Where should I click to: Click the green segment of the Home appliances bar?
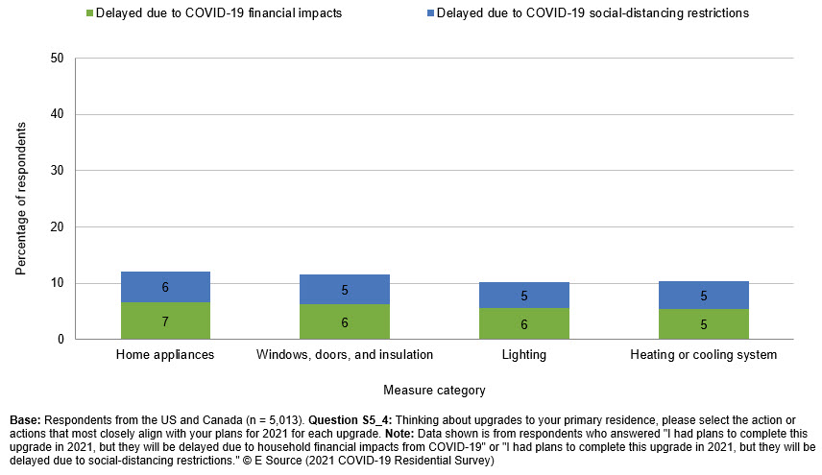pyautogui.click(x=165, y=321)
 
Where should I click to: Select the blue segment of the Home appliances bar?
pyautogui.click(x=165, y=287)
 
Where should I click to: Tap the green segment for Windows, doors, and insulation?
pyautogui.click(x=345, y=321)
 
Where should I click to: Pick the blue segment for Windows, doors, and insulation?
pyautogui.click(x=345, y=289)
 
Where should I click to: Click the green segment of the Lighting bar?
pyautogui.click(x=524, y=323)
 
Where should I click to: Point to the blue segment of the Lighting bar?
pyautogui.click(x=524, y=295)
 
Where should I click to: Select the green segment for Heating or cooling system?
pyautogui.click(x=703, y=323)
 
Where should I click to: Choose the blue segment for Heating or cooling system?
pyautogui.click(x=703, y=295)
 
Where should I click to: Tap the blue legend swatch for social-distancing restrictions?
pyautogui.click(x=430, y=13)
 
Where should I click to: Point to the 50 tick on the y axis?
pyautogui.click(x=57, y=59)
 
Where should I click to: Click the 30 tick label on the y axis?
pyautogui.click(x=57, y=171)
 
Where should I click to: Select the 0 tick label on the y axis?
pyautogui.click(x=60, y=339)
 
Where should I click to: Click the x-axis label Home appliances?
pyautogui.click(x=165, y=355)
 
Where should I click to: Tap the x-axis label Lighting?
pyautogui.click(x=524, y=355)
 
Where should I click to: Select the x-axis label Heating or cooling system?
pyautogui.click(x=703, y=355)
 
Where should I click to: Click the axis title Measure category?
pyautogui.click(x=434, y=390)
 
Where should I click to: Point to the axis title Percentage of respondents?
pyautogui.click(x=21, y=198)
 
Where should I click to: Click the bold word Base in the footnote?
pyautogui.click(x=25, y=420)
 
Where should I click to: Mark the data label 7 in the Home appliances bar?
pyautogui.click(x=165, y=321)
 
